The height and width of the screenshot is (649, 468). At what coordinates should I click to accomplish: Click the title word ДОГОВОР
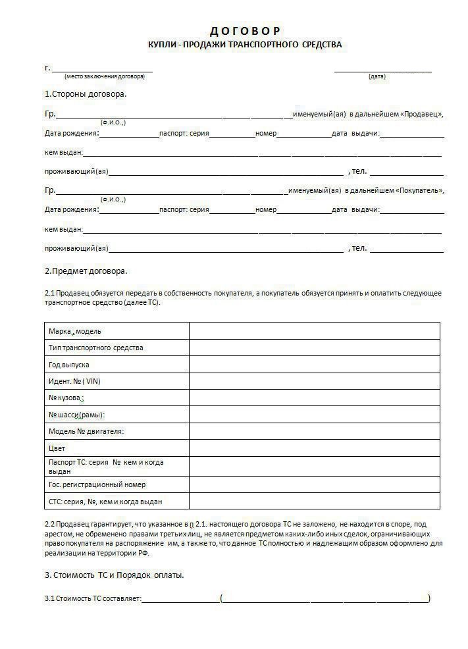pos(245,31)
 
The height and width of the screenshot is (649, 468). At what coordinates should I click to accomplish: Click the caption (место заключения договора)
pos(105,77)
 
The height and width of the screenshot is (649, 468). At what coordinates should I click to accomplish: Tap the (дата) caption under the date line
pos(377,77)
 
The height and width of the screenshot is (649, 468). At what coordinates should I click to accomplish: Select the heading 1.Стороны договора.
pos(86,93)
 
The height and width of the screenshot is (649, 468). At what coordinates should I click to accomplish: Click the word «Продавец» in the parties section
pos(421,115)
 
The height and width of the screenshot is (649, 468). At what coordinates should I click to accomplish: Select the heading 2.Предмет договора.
pos(86,271)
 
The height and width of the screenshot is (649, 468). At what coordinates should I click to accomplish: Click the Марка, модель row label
pos(75,331)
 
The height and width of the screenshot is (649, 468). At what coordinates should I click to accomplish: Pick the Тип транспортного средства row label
pos(96,348)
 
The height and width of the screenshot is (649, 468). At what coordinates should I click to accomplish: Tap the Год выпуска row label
pos(69,365)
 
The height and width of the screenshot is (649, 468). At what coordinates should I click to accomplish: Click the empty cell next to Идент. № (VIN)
pos(314,381)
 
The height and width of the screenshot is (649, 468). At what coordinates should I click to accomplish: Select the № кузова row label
pos(65,398)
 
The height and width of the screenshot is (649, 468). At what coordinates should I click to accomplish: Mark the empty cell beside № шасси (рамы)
pos(314,415)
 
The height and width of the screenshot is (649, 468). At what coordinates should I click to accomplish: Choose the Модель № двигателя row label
pos(86,432)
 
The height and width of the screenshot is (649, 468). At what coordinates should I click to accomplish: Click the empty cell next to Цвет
pos(314,448)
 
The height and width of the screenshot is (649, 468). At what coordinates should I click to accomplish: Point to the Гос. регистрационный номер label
pos(97,484)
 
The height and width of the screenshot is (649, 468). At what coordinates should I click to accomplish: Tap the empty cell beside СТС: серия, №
pos(314,502)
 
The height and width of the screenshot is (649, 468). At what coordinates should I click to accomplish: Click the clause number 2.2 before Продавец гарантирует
pos(49,524)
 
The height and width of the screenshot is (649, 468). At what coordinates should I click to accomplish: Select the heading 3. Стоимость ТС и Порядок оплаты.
pos(114,575)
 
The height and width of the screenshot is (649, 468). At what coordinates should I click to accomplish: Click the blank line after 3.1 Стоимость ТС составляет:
pos(180,600)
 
